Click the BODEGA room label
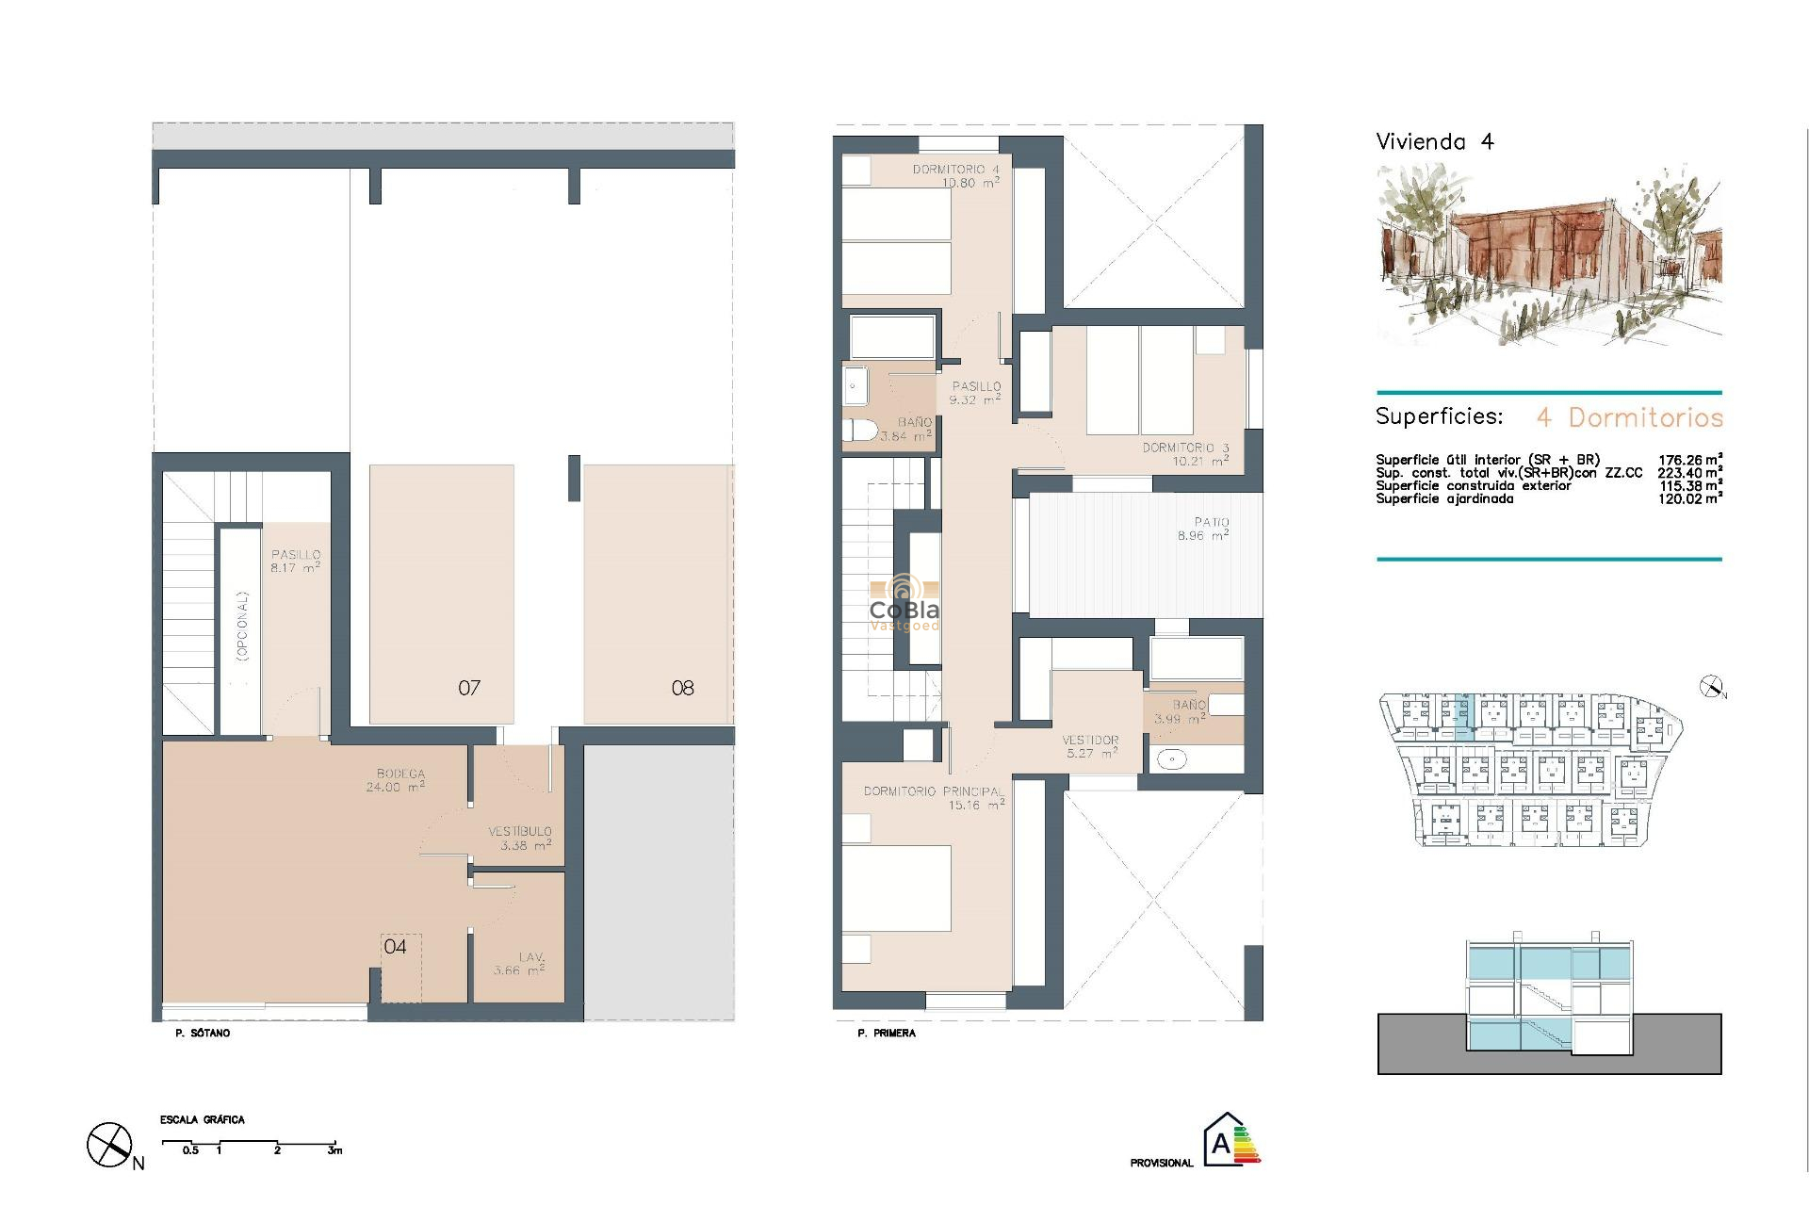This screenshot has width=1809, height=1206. coord(400,774)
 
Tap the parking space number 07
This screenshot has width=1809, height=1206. coord(469,689)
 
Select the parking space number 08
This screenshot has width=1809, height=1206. coord(682,689)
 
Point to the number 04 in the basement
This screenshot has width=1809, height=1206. coord(395,947)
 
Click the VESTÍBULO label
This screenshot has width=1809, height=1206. coord(520,832)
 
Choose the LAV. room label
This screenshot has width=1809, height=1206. coord(531,957)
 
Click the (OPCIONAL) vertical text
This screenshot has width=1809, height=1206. coord(242,626)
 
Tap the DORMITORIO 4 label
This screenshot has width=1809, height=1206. coord(955,170)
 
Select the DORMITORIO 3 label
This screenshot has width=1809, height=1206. coord(1185,448)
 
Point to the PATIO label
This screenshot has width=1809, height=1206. coord(1212,522)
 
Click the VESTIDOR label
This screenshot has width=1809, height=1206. coord(1090,741)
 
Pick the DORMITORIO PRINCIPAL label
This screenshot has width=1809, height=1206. coord(934,791)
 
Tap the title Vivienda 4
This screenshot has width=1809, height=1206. coord(1435,142)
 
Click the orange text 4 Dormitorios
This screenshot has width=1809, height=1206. coord(1630,417)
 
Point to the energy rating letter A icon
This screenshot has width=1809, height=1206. coord(1222,1143)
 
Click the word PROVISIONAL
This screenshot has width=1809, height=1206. coord(1162,1164)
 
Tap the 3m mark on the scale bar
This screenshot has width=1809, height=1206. coord(334,1150)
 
